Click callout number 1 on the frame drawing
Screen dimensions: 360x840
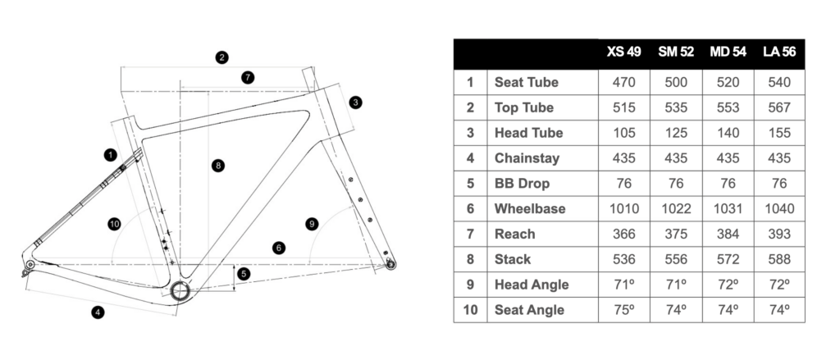[109, 154]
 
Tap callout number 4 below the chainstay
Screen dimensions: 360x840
[98, 312]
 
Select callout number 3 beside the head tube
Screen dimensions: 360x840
[354, 103]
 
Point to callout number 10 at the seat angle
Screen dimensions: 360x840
[114, 223]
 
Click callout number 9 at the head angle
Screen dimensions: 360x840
[311, 223]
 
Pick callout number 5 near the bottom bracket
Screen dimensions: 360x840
[244, 274]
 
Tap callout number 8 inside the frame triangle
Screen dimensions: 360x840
[217, 166]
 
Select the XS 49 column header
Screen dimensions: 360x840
[623, 52]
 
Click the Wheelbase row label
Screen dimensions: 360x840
[530, 208]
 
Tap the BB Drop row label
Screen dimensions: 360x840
[522, 183]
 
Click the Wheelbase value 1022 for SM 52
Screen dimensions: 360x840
[676, 208]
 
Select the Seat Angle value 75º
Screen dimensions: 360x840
[623, 310]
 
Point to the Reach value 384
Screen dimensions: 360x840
[728, 234]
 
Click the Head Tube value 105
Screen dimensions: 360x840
[623, 133]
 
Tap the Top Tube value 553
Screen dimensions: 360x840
[728, 107]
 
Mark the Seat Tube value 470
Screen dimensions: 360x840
[623, 82]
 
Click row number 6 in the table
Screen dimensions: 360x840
[470, 208]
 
